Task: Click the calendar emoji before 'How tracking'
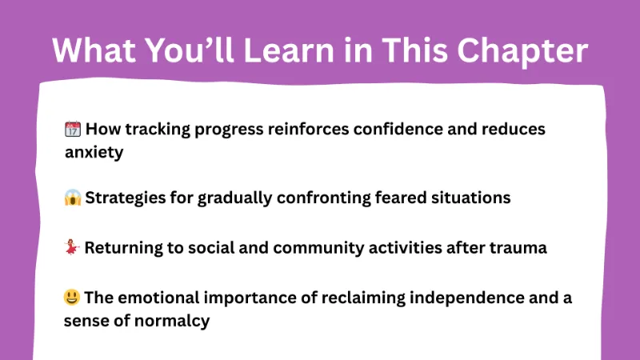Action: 73,129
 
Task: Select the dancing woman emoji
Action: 73,248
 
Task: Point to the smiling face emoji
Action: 73,298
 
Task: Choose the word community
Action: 304,248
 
